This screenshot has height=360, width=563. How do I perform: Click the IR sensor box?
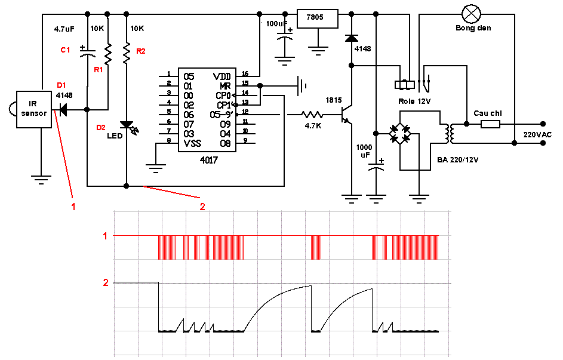tap(34, 109)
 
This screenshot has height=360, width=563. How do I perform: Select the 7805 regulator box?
tap(318, 19)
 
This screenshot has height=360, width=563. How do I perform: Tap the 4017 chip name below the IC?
tap(208, 160)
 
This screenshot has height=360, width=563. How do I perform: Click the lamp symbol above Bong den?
tap(471, 14)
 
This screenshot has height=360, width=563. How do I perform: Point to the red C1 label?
tap(65, 50)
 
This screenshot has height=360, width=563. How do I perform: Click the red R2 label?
tap(141, 51)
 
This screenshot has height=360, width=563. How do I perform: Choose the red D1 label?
tap(61, 85)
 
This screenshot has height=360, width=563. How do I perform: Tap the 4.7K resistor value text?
tap(313, 126)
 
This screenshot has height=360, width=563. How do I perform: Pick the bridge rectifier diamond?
tap(401, 134)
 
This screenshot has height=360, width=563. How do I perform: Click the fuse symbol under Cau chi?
tap(490, 124)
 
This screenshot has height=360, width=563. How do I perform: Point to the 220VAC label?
tap(537, 134)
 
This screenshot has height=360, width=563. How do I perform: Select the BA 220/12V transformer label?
tap(458, 160)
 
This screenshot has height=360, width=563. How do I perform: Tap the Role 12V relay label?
tap(414, 101)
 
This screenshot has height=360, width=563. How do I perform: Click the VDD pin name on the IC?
tap(221, 76)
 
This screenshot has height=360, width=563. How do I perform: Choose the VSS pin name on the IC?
tap(192, 143)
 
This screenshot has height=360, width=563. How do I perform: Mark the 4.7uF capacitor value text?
tap(64, 29)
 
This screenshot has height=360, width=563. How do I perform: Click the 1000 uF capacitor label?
tap(364, 151)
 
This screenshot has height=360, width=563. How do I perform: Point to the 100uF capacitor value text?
tap(277, 24)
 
